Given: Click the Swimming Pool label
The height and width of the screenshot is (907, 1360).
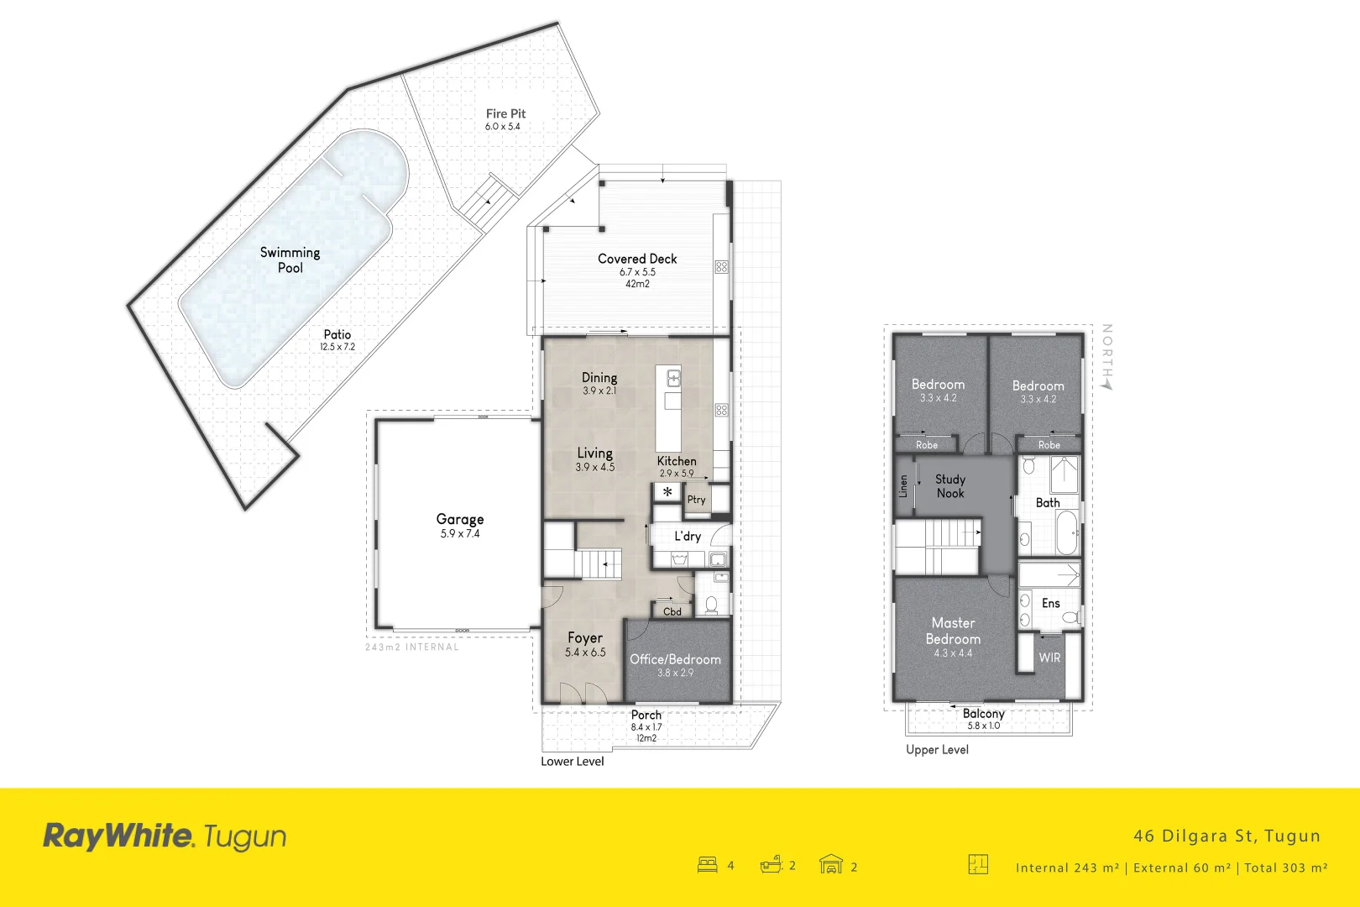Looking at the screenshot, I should (x=290, y=260).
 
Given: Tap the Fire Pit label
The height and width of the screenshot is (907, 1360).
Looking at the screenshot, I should (x=505, y=113).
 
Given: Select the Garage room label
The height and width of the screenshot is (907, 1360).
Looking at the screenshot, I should (x=460, y=519).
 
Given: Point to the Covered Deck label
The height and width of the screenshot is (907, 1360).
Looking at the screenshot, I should (x=637, y=259).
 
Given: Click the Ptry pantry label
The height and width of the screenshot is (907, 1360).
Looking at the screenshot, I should (x=696, y=500).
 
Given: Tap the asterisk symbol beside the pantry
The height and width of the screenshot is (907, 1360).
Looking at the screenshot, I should (x=667, y=492).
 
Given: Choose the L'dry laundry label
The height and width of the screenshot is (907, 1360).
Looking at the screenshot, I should (x=688, y=536).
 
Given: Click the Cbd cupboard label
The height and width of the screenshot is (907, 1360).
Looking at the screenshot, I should (x=672, y=611).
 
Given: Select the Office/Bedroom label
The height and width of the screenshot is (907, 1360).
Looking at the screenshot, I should (x=675, y=659).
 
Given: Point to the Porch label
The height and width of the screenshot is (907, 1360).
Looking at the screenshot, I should (x=646, y=715).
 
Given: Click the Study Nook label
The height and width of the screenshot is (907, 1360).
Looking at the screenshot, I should (x=950, y=486).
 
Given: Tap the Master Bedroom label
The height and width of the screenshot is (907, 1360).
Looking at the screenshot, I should (x=953, y=631).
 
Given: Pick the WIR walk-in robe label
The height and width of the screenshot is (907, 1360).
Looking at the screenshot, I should (x=1049, y=658).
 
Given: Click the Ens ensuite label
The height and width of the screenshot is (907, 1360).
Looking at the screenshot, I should (x=1051, y=603).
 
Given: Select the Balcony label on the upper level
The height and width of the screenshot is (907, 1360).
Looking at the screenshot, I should (x=984, y=713).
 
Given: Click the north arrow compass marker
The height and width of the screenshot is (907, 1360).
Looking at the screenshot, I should (x=1107, y=382).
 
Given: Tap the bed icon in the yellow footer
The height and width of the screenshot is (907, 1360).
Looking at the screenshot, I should (x=708, y=864).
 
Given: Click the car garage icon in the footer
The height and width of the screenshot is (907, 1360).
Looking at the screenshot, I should (x=830, y=864).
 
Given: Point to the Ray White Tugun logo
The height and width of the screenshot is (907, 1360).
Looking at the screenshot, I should (x=165, y=836).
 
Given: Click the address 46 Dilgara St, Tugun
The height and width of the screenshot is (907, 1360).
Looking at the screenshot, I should (x=1227, y=836).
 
